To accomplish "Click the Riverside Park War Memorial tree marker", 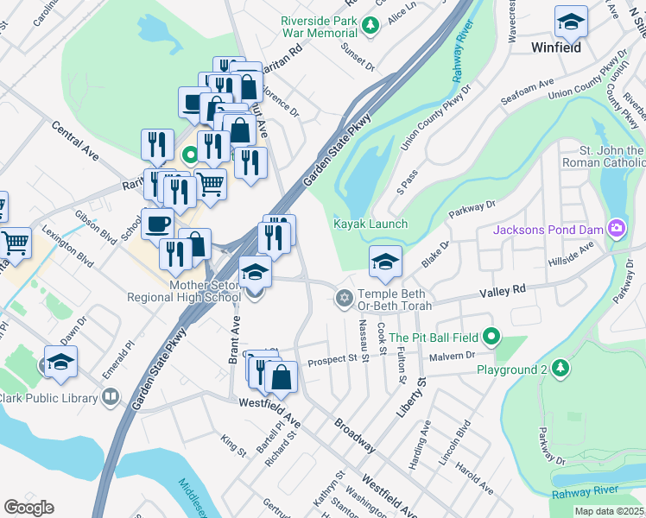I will pyautogui.click(x=371, y=26).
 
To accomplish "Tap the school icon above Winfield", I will pyautogui.click(x=571, y=22).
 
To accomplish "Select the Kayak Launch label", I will pyautogui.click(x=370, y=224).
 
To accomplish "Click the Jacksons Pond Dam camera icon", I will pyautogui.click(x=617, y=229).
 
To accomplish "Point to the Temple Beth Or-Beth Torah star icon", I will pyautogui.click(x=344, y=298).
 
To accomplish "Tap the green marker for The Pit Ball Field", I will pyautogui.click(x=492, y=337).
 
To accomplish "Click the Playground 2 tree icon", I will pyautogui.click(x=561, y=370).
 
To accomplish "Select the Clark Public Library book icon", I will pyautogui.click(x=110, y=397).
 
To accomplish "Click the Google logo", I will pyautogui.click(x=28, y=508).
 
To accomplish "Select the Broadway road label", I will pyautogui.click(x=354, y=436).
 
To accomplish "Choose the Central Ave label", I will pyautogui.click(x=75, y=141).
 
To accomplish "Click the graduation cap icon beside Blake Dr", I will pyautogui.click(x=385, y=262).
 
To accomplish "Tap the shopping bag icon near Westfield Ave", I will pyautogui.click(x=282, y=377).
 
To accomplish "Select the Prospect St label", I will pyautogui.click(x=332, y=358).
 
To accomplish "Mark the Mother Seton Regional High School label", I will pyautogui.click(x=183, y=290).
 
